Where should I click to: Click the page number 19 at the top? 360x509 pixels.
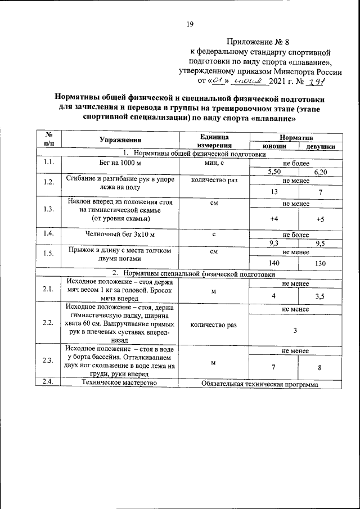[x=190, y=24]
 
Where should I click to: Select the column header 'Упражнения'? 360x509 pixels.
[x=120, y=140]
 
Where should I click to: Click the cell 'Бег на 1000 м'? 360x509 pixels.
[x=120, y=163]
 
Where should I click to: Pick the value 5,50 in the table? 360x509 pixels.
[x=273, y=172]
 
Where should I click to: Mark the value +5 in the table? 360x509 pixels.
[x=320, y=218]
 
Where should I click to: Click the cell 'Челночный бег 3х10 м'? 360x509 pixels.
[x=120, y=234]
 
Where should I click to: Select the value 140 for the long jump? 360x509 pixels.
[x=273, y=262]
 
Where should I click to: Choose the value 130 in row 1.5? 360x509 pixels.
[x=320, y=262]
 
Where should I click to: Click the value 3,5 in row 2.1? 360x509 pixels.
[x=320, y=295]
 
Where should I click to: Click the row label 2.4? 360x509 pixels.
[x=48, y=384]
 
